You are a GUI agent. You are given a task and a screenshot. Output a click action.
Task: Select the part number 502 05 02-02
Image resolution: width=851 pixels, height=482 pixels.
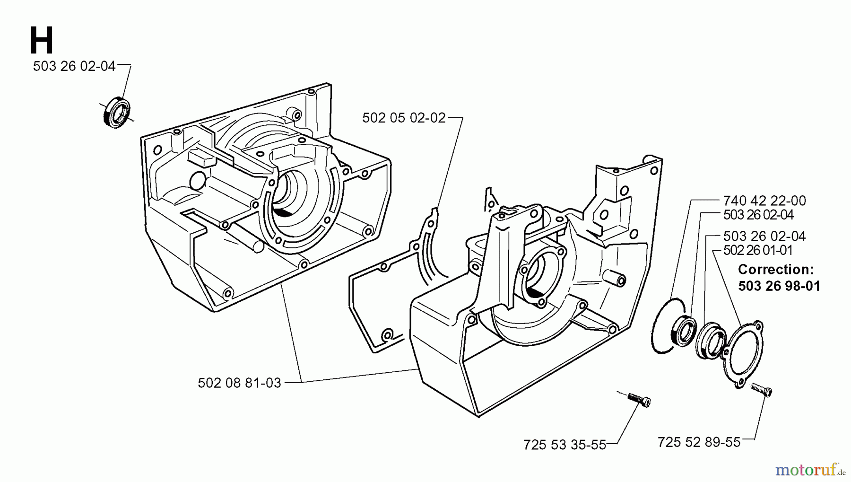(404, 118)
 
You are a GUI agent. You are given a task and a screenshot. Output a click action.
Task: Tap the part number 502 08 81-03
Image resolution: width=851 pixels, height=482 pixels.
(239, 383)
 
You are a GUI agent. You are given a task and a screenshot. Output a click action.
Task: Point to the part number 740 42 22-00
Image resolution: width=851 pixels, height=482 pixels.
(764, 201)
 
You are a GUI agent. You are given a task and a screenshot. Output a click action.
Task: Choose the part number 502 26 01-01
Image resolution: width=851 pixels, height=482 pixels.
(758, 250)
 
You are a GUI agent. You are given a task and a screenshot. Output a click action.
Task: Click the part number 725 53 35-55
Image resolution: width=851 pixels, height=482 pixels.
(564, 445)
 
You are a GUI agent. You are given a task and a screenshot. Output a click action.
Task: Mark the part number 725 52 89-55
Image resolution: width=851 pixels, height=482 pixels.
(699, 442)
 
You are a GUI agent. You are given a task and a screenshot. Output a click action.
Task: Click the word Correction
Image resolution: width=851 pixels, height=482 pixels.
(775, 270)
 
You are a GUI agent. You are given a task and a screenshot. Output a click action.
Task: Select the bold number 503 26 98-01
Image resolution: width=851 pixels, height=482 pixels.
(779, 286)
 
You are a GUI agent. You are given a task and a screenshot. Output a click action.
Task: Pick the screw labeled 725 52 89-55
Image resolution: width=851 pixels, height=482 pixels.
(761, 390)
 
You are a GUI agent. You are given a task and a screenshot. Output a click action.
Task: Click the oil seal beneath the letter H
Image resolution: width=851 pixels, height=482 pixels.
(116, 112)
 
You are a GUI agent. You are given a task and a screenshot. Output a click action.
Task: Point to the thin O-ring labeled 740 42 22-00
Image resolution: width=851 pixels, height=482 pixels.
(664, 326)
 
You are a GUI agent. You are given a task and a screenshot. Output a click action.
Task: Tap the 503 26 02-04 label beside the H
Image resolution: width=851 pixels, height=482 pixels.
(74, 66)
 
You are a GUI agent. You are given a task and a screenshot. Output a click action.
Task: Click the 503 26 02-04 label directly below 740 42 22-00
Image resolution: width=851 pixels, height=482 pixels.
(758, 215)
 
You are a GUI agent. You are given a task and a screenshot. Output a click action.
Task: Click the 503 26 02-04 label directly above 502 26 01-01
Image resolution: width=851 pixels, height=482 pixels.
(764, 236)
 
